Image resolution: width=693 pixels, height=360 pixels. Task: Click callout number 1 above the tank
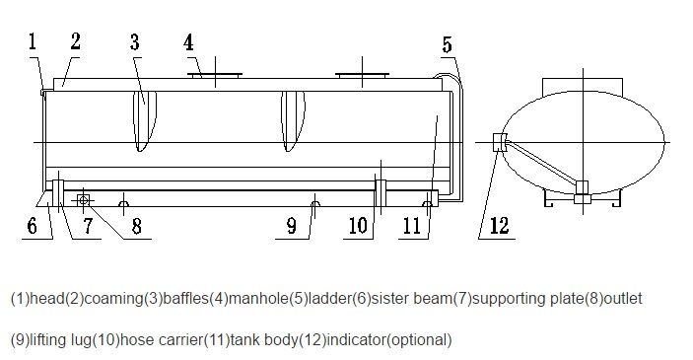click(x=32, y=41)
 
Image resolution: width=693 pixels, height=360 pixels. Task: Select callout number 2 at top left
click(x=75, y=41)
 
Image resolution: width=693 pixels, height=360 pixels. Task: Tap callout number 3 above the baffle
click(x=135, y=42)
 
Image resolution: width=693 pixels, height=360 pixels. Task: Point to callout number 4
click(x=188, y=42)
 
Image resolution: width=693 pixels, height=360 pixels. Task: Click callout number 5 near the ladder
click(x=448, y=44)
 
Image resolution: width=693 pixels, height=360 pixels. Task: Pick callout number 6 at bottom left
click(x=33, y=226)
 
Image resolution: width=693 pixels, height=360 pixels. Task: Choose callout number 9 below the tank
click(x=292, y=226)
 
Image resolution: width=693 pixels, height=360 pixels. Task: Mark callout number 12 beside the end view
click(x=500, y=226)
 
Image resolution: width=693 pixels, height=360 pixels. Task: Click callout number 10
click(x=358, y=226)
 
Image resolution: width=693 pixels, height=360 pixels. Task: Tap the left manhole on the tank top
click(x=215, y=75)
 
